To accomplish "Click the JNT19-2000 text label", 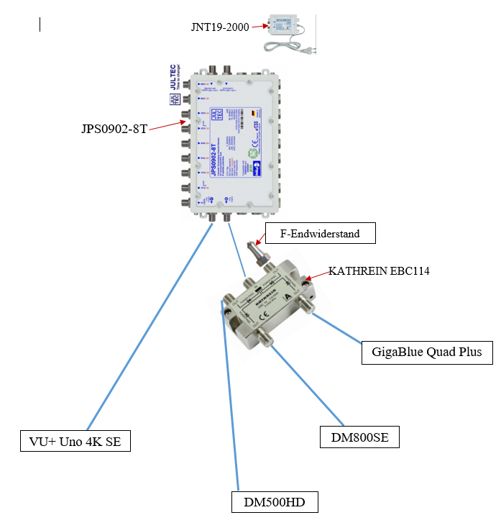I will [220, 27].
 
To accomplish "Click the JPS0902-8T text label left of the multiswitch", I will [114, 130].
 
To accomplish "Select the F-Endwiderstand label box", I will [319, 233].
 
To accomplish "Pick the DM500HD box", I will [274, 502].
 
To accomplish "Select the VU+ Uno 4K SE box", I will [75, 440].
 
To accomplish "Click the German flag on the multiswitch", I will [252, 114].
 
